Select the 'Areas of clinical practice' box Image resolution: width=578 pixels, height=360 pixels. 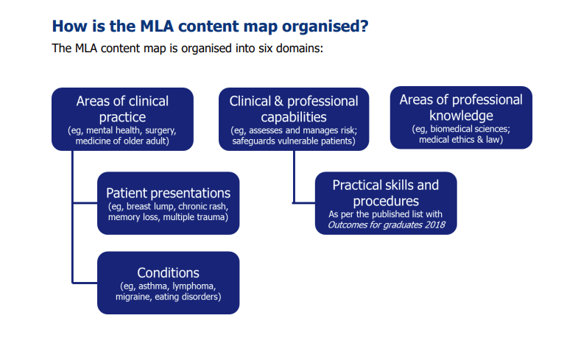coord(122,119)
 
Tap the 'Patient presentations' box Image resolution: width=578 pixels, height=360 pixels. coord(169,203)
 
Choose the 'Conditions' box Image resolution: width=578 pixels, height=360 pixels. coord(169,283)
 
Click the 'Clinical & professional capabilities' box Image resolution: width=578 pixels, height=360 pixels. coord(294,119)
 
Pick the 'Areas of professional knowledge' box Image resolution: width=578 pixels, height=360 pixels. coord(461,118)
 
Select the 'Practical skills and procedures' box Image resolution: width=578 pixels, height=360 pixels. coord(386,203)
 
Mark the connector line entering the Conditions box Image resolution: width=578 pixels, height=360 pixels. coord(85,281)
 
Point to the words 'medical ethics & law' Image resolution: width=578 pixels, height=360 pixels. coord(461,139)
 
